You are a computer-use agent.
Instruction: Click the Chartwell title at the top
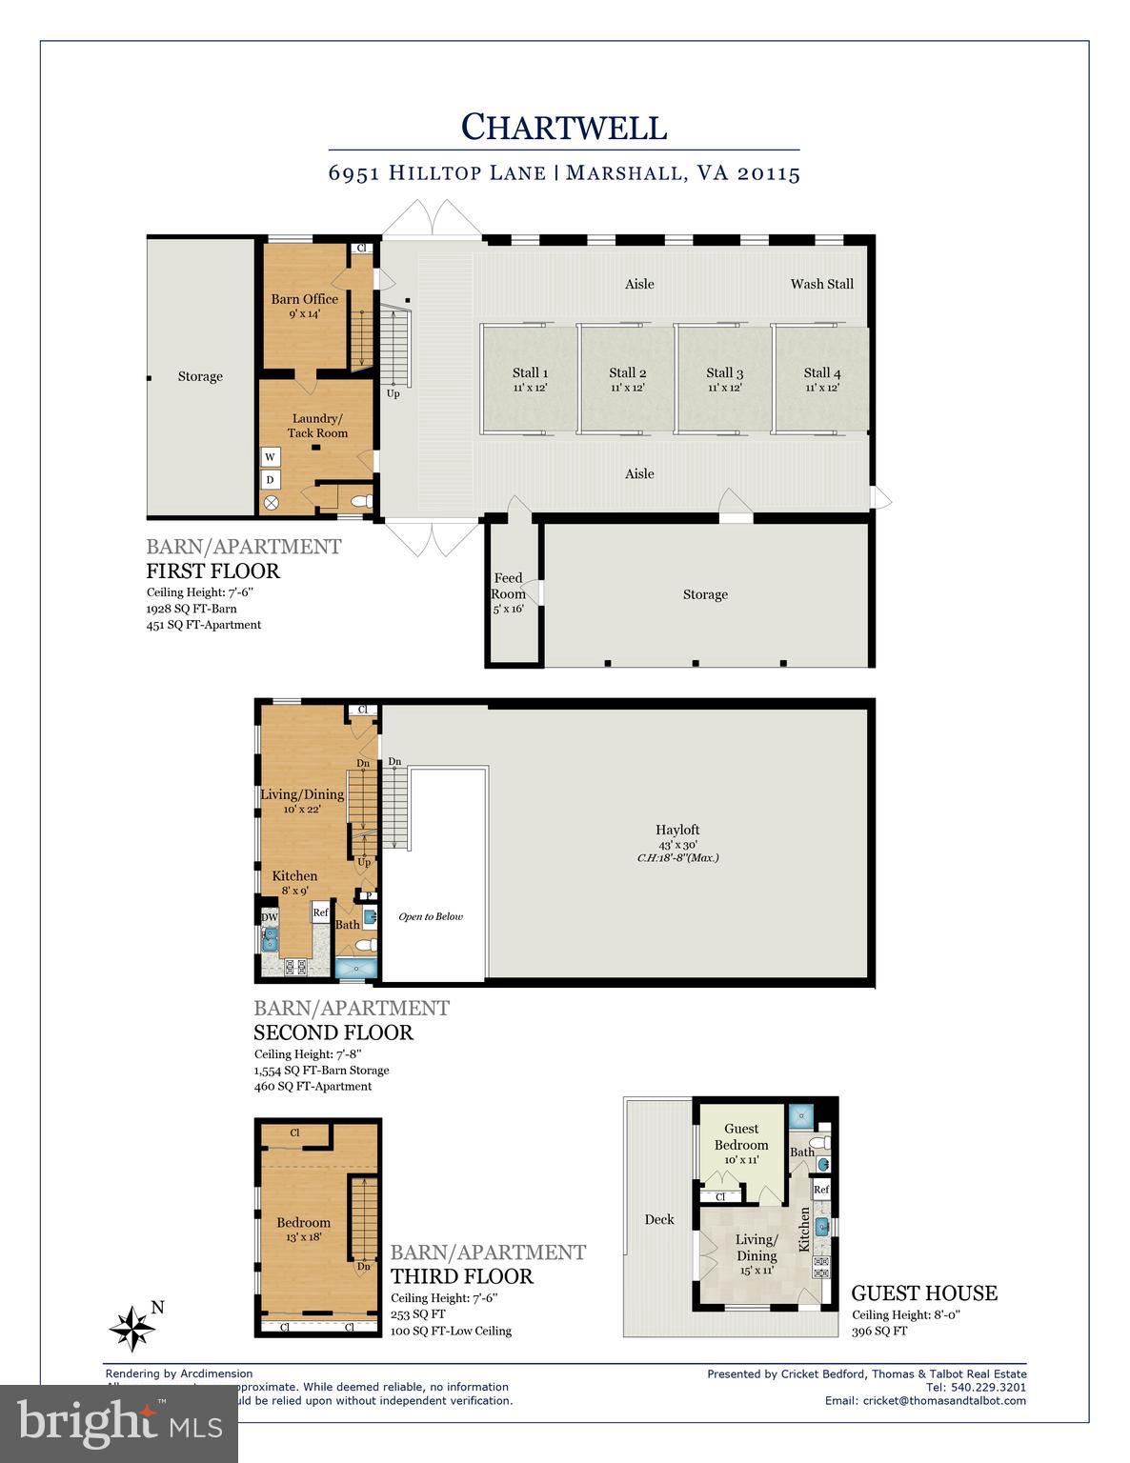564,127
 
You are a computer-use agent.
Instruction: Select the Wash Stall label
821,284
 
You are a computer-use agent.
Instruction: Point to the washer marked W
271,457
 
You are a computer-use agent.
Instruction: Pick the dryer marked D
271,479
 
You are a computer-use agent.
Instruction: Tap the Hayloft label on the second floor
677,830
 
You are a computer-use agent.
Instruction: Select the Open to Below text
431,916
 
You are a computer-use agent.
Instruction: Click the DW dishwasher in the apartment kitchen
270,917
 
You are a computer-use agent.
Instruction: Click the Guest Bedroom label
741,1137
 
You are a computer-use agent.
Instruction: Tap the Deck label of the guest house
658,1219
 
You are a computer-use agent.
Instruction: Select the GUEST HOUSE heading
923,1293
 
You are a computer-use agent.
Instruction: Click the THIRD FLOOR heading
462,1276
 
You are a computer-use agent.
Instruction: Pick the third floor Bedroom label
304,1223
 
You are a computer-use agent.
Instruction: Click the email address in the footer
944,1400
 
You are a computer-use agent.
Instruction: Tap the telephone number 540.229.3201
988,1387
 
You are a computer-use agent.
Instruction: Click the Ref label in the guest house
820,1190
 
